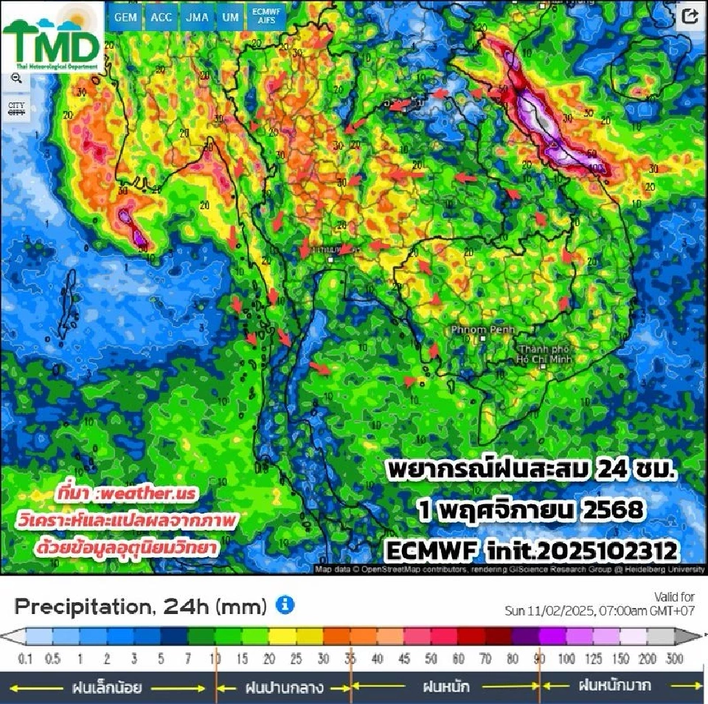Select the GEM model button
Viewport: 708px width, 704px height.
click(125, 17)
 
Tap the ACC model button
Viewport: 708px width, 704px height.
click(161, 17)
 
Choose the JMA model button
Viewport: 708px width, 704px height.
click(197, 17)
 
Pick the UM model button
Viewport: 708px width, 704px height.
click(230, 17)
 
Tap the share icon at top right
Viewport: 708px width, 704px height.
click(690, 17)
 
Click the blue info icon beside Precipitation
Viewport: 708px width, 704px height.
click(285, 605)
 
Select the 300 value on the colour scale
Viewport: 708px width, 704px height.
click(674, 659)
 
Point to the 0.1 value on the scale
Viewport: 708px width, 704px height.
click(27, 659)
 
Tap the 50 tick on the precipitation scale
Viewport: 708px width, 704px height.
click(431, 659)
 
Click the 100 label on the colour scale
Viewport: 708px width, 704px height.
click(566, 659)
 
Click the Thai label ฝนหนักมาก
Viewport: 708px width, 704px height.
click(614, 686)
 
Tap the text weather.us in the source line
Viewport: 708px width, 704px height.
click(147, 493)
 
